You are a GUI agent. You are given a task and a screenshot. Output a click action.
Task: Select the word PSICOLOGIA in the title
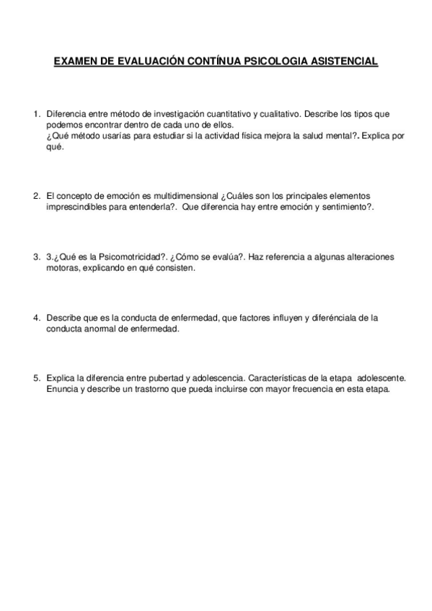[x=269, y=62]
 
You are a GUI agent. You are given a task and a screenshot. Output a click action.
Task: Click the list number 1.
[x=35, y=114]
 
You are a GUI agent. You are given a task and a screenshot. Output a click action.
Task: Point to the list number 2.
[x=35, y=195]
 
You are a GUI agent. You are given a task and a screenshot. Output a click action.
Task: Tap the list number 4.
[x=35, y=317]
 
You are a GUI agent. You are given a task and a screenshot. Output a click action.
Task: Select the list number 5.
[x=35, y=378]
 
